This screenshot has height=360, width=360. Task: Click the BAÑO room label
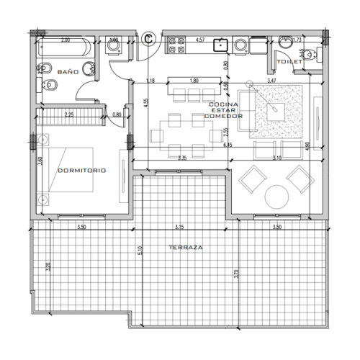(66, 73)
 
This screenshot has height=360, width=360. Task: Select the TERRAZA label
(186, 247)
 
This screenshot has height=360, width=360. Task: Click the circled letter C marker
(149, 37)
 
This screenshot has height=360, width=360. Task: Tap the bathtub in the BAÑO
(66, 50)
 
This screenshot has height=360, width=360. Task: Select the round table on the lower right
(276, 196)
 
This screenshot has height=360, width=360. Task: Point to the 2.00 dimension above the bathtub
(66, 40)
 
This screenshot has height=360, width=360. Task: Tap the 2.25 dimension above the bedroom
(68, 114)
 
